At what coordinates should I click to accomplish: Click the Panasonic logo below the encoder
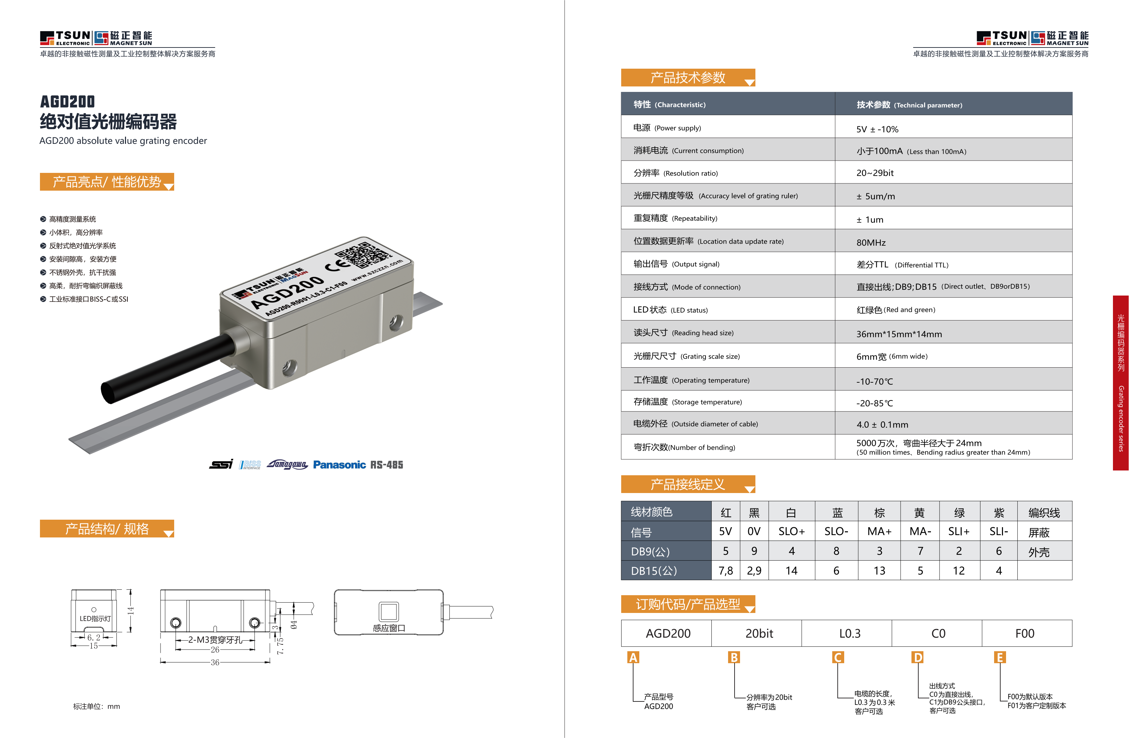click(x=339, y=465)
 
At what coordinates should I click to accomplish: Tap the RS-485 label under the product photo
click(x=387, y=465)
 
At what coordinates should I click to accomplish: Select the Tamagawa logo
click(x=287, y=464)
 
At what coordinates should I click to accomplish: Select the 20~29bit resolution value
click(x=875, y=173)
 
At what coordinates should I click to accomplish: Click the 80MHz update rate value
click(x=871, y=243)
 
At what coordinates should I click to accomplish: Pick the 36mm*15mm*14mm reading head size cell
click(x=899, y=334)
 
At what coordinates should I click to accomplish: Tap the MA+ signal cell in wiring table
click(x=879, y=531)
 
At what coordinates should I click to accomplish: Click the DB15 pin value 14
click(x=791, y=571)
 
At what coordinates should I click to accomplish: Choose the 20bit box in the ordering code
click(x=759, y=633)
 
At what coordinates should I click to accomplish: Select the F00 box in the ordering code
click(x=1025, y=633)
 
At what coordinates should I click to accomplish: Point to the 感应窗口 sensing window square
click(x=389, y=611)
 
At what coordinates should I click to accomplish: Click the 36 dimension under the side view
click(x=215, y=662)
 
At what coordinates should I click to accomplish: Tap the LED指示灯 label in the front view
click(x=95, y=618)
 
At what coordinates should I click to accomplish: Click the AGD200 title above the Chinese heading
click(x=67, y=101)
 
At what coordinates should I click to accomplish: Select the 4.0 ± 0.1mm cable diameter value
click(x=882, y=425)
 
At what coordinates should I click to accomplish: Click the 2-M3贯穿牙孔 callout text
click(x=215, y=640)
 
